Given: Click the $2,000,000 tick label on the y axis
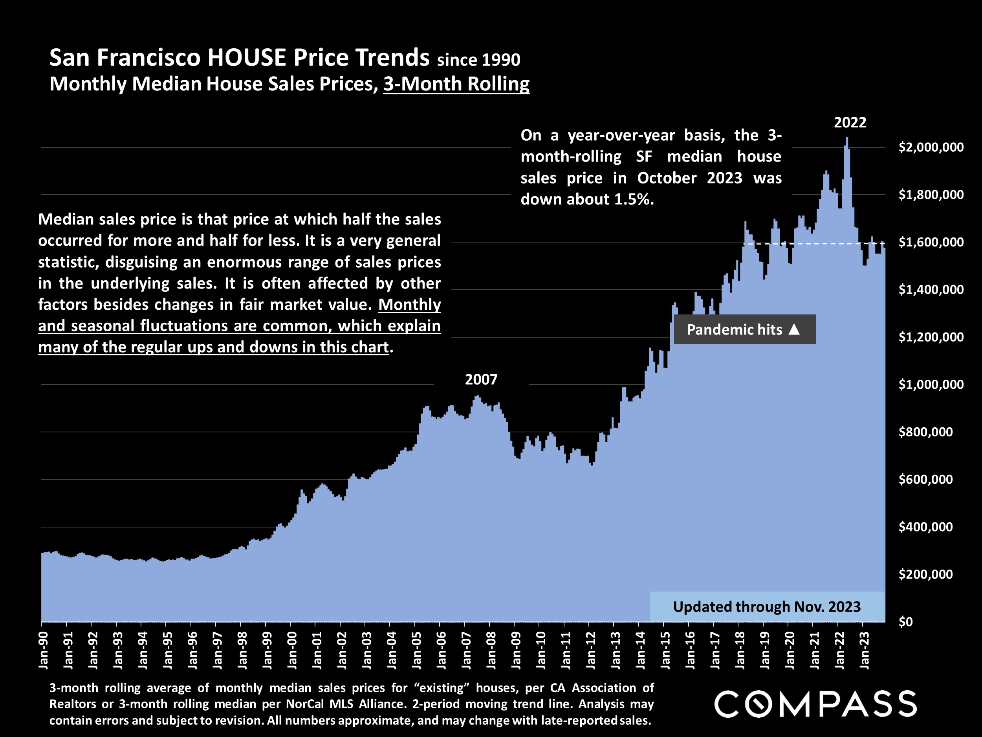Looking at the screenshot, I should pos(931,147).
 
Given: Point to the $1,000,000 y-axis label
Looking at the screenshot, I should pos(931,385).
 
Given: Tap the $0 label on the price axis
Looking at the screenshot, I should pos(906,622).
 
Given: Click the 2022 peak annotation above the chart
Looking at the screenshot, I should pos(850,123).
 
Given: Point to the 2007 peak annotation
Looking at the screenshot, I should pos(481,380).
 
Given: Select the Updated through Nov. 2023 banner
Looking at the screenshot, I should pos(767,607).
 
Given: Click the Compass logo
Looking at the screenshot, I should pos(815,704).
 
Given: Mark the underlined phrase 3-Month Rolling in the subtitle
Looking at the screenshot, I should pos(456,84).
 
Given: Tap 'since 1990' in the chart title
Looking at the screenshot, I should pos(478,60).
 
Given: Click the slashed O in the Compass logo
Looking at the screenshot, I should pos(758,704).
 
